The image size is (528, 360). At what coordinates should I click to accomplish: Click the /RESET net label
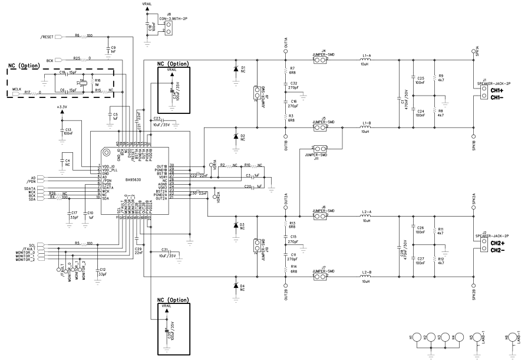coord(48,37)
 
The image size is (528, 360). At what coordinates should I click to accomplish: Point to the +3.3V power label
coord(62,107)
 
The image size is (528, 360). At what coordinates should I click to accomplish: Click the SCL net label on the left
coord(32,244)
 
